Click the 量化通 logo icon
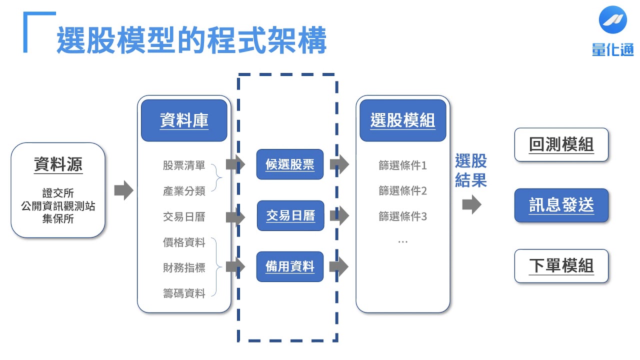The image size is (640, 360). tap(612, 19)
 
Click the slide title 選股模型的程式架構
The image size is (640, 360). tap(191, 40)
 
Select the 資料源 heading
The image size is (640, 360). tap(58, 164)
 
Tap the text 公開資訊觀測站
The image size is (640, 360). tap(58, 206)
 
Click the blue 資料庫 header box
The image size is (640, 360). tap(184, 120)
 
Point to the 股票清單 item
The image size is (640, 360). tap(183, 165)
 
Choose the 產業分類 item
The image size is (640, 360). tap(183, 191)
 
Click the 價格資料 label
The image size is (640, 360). tap(183, 243)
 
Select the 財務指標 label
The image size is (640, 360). tap(183, 267)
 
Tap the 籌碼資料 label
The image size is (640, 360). tap(183, 293)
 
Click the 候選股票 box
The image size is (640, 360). tap(290, 164)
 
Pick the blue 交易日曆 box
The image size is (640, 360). tap(290, 215)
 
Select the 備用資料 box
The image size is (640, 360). tap(290, 266)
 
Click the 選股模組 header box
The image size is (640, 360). tap(402, 120)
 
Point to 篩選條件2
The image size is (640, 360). tap(402, 190)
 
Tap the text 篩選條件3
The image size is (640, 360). tap(402, 216)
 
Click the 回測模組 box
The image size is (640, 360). tap(561, 144)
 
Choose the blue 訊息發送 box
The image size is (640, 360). tap(561, 205)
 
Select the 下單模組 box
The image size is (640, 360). tap(561, 266)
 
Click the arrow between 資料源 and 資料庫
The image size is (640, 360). tap(123, 190)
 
